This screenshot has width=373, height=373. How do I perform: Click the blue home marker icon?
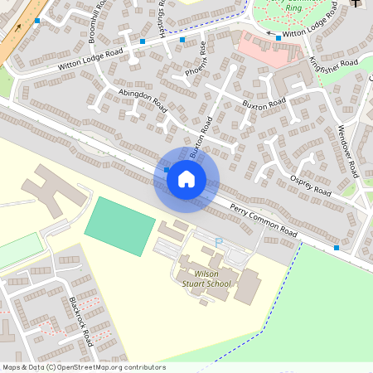tap(186, 178)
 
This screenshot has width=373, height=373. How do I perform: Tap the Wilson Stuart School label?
tap(206, 278)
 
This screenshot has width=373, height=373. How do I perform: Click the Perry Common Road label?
tap(263, 220)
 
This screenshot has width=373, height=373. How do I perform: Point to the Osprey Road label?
tap(311, 185)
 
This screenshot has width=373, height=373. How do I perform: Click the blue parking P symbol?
tap(219, 242)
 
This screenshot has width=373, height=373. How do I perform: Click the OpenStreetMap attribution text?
tap(83, 367)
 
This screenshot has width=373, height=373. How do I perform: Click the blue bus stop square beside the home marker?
tap(167, 170)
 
